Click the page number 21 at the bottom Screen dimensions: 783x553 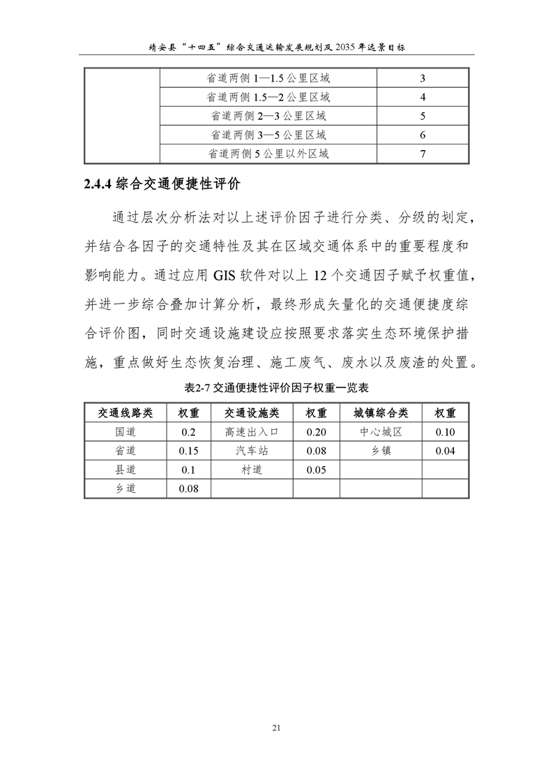[x=276, y=728]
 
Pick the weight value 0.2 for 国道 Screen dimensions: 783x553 [x=188, y=432]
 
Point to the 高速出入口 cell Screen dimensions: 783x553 [x=251, y=432]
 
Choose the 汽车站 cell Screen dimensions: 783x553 [x=251, y=451]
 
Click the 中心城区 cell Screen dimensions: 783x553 [x=380, y=432]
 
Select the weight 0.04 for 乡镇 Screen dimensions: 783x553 [x=445, y=451]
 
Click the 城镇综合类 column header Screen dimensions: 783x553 [x=380, y=413]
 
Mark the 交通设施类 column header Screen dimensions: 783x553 [x=251, y=413]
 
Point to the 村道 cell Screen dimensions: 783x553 [x=251, y=470]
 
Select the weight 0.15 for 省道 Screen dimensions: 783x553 [x=188, y=451]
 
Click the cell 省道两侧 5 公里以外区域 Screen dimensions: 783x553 [x=268, y=154]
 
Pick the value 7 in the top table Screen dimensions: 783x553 [x=423, y=154]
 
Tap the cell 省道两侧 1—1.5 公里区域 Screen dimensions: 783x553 [x=268, y=78]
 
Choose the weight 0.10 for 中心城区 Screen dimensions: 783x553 [x=445, y=432]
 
